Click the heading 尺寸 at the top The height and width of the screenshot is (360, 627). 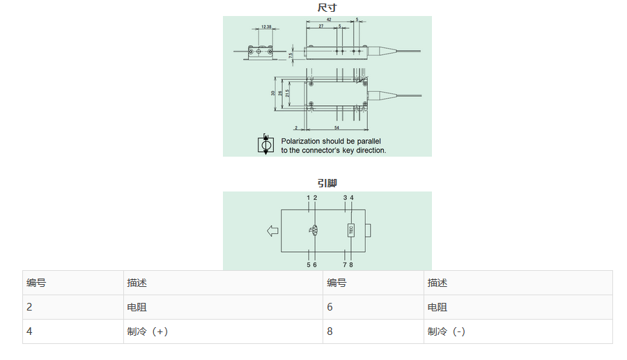(327, 8)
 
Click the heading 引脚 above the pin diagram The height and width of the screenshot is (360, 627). (327, 183)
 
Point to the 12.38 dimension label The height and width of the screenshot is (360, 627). (266, 27)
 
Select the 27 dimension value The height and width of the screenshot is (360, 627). (321, 26)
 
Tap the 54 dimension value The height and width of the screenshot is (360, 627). (337, 128)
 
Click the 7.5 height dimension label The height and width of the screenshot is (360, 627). (291, 55)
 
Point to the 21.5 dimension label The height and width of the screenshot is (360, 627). (287, 93)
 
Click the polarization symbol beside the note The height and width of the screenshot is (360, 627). (266, 145)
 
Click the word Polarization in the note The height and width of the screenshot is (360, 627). (300, 141)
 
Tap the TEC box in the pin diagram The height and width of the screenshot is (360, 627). (351, 230)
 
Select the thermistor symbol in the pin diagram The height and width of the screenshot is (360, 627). (314, 230)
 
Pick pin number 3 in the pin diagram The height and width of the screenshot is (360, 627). (345, 198)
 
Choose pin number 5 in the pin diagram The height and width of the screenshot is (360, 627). (309, 265)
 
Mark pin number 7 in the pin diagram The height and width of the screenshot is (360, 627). (345, 265)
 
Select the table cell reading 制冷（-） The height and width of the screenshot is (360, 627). (447, 331)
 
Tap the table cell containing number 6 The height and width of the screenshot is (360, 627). (330, 307)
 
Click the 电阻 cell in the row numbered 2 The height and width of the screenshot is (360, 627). (137, 307)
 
